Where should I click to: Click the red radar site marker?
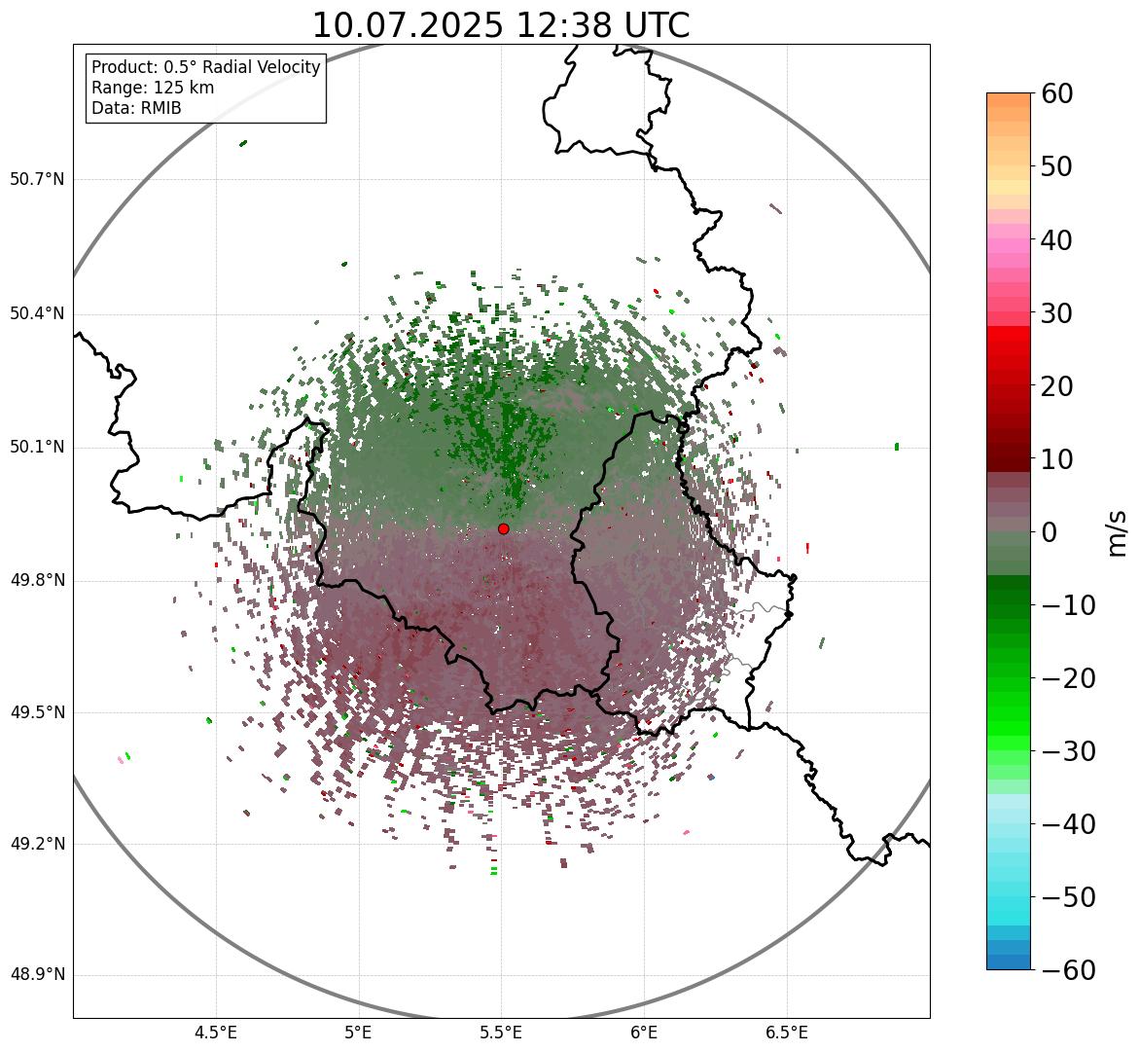(504, 528)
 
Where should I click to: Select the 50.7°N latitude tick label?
(37, 179)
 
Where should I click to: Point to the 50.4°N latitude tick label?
(37, 313)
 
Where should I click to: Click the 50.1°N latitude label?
(37, 448)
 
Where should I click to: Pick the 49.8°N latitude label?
(37, 581)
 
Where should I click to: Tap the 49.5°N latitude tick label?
(37, 712)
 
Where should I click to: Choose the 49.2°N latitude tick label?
(37, 844)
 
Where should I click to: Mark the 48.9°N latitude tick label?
(37, 975)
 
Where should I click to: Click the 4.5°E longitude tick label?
(216, 1033)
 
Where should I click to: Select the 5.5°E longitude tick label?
(501, 1033)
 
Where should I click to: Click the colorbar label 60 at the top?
(1058, 93)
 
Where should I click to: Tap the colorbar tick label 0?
(1050, 532)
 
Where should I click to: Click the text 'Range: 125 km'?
(153, 88)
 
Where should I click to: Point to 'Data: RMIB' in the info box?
(136, 108)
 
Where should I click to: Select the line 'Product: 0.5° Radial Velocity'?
(205, 67)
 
